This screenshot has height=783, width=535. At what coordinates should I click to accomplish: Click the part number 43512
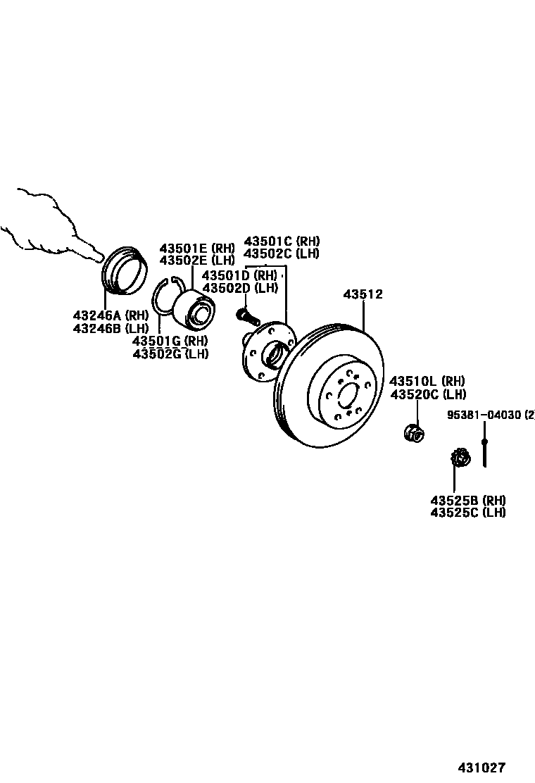click(x=363, y=294)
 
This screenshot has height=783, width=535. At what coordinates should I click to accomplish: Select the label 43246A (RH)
click(x=110, y=315)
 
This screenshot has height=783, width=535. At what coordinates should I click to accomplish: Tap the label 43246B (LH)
click(x=110, y=328)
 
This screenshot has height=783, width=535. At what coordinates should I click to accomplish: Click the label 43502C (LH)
click(x=282, y=253)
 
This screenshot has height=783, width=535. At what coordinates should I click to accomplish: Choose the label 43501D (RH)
click(x=239, y=275)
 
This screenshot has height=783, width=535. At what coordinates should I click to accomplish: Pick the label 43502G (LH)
click(x=170, y=353)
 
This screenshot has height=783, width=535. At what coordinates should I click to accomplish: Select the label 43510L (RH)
click(x=428, y=381)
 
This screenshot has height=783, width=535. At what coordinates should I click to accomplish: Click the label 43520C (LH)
click(x=428, y=394)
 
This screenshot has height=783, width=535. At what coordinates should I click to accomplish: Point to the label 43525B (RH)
click(x=468, y=500)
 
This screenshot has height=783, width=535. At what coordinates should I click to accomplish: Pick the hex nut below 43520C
click(x=414, y=432)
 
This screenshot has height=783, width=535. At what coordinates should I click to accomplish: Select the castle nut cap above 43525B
click(x=460, y=458)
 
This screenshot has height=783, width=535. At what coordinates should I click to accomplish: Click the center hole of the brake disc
click(x=348, y=396)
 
